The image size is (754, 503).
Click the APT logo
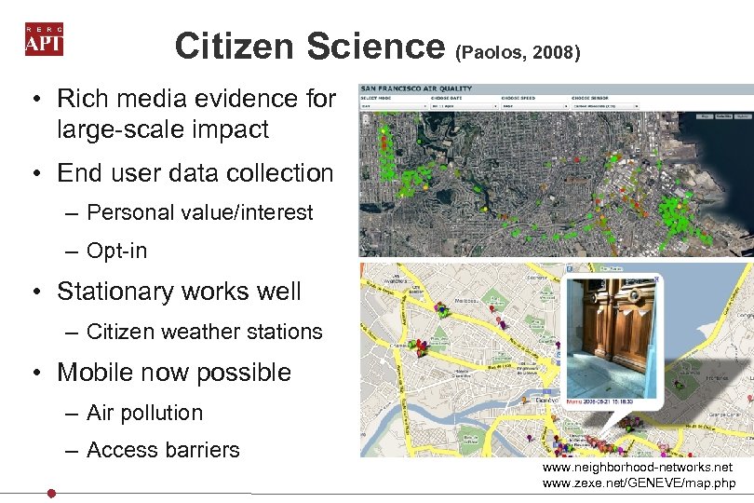pyautogui.click(x=44, y=39)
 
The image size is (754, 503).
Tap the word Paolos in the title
pyautogui.click(x=493, y=54)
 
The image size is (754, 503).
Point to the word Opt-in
pyautogui.click(x=116, y=251)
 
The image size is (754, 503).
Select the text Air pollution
pyautogui.click(x=144, y=413)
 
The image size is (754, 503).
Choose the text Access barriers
pyautogui.click(x=163, y=450)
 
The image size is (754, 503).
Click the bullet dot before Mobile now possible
pyautogui.click(x=32, y=373)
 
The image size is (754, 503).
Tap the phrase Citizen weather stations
pyautogui.click(x=204, y=332)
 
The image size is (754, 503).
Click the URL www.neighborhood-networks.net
pyautogui.click(x=637, y=467)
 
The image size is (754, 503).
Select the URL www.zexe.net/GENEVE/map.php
pyautogui.click(x=639, y=483)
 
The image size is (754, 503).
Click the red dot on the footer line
pyautogui.click(x=52, y=493)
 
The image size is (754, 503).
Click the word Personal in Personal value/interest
pyautogui.click(x=124, y=212)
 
